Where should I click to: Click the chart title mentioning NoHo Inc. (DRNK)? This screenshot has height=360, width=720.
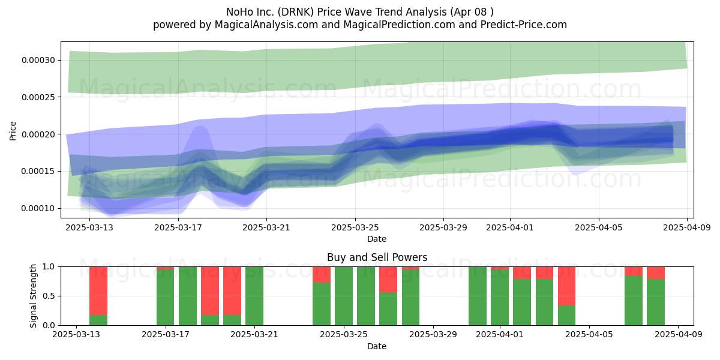pos(359,12)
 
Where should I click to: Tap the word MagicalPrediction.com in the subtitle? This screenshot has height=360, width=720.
pos(399,25)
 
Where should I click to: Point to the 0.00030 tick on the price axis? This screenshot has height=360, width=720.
pos(38,60)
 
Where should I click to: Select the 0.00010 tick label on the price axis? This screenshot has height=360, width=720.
pos(38,208)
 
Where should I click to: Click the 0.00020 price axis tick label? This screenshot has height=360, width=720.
pos(38,134)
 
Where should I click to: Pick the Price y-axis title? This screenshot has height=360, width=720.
pos(13,131)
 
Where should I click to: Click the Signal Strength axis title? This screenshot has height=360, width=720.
pos(33,296)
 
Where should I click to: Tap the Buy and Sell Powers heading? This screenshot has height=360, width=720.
pos(377,257)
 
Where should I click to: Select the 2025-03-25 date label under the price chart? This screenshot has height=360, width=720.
pos(355,227)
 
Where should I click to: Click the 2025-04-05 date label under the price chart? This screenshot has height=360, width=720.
pos(599,227)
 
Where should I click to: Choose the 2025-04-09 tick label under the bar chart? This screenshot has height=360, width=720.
pos(679,334)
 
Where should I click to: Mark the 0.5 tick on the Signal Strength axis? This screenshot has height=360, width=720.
pos(49,296)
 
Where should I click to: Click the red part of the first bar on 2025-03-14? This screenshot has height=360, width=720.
pos(98,290)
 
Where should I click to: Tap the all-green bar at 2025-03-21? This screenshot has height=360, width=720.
pos(254,296)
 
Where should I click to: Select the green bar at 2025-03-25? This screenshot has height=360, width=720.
pos(344,296)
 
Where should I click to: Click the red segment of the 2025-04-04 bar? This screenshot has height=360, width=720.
pos(566,286)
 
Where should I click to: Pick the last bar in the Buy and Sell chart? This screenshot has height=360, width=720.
pos(656,296)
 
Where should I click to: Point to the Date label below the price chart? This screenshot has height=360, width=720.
pos(377,239)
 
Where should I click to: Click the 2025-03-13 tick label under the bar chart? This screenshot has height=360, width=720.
pos(76,334)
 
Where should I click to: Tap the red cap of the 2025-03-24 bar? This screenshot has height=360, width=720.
pos(322,275)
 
